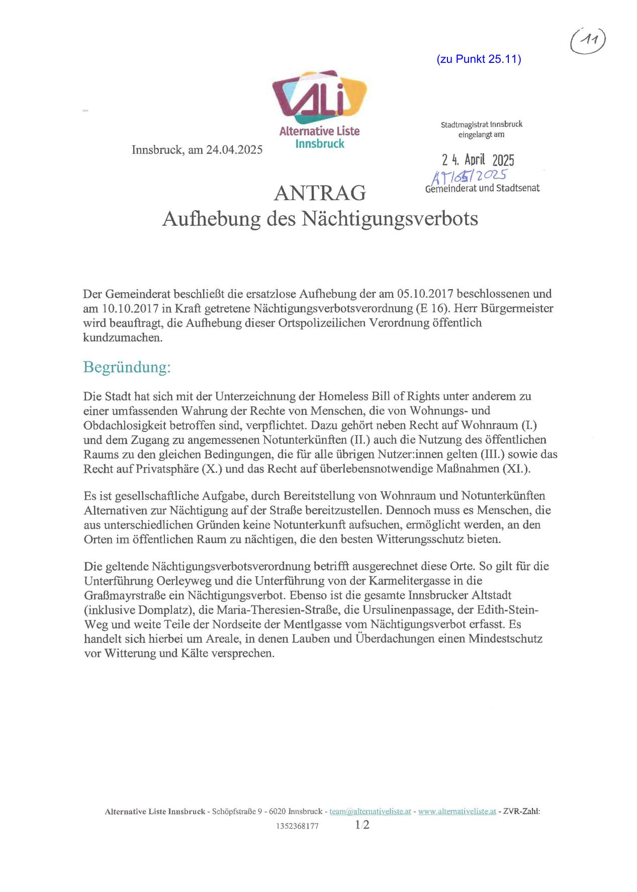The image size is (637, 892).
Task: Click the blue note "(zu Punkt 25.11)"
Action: coord(479,59)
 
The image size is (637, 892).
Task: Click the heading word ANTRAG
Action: coord(320,193)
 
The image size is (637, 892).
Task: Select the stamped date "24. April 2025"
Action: coord(478,160)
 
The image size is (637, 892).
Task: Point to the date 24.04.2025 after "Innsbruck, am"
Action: coord(234,150)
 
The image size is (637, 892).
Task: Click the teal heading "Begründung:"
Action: coord(127,367)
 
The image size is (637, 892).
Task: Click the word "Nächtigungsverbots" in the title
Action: coord(390,219)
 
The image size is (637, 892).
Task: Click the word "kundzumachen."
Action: coord(123,337)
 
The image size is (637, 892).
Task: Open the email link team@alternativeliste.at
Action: coord(370,811)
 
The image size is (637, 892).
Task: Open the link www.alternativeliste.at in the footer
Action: coord(457,811)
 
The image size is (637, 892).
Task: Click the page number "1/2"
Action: coord(362,825)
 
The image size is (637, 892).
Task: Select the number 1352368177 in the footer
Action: coord(297,826)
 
